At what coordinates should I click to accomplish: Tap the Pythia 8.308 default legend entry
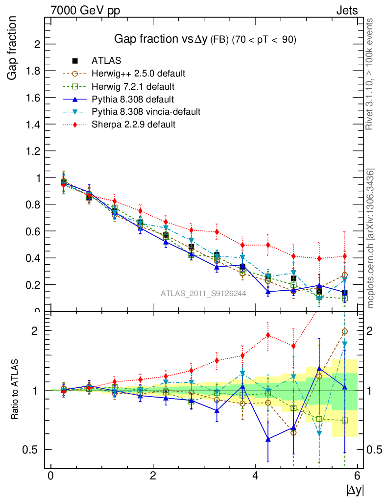(133, 99)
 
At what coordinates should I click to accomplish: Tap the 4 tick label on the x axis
(255, 476)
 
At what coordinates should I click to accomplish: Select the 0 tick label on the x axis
(50, 476)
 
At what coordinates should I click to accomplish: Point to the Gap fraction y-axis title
(13, 48)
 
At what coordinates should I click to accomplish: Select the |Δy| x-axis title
(355, 489)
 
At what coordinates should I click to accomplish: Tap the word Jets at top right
(347, 10)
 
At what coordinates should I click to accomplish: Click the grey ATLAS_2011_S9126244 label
(203, 293)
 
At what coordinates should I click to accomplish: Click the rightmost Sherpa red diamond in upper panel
(345, 256)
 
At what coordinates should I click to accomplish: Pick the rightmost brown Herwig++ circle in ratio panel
(345, 332)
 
